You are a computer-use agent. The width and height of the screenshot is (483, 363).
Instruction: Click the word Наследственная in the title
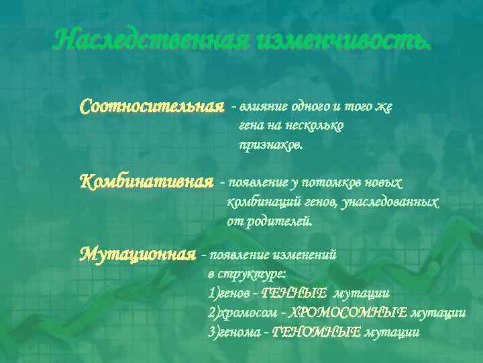click(152, 41)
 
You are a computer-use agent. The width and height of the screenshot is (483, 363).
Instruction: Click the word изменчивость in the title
click(343, 41)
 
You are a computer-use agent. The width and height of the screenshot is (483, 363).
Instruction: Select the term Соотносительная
click(152, 107)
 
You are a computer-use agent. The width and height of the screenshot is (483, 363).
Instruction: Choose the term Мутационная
click(138, 255)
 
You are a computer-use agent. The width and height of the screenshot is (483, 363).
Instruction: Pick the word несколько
click(315, 125)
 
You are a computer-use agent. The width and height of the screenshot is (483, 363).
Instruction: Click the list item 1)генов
click(228, 293)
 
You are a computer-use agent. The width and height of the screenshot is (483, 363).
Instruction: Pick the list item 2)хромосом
click(241, 312)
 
